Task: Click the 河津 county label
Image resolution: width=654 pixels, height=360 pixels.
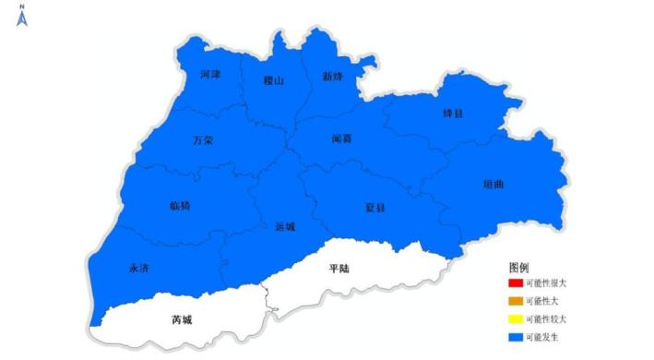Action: point(209,74)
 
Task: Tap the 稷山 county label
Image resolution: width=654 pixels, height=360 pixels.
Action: point(273,80)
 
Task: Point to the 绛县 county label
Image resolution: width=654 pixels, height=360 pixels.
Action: point(453,113)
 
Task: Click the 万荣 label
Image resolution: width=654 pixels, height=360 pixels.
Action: point(203,140)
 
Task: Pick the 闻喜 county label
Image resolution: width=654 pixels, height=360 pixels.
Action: point(342,139)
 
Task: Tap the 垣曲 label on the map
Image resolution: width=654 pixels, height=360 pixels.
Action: point(493,184)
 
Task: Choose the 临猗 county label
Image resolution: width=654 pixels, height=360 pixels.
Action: point(181,205)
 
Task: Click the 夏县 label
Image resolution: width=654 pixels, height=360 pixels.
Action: point(375,208)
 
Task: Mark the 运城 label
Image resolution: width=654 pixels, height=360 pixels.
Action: point(285,226)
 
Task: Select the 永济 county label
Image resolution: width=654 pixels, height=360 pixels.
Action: point(138,268)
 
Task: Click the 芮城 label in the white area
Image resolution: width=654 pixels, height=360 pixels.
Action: point(183,320)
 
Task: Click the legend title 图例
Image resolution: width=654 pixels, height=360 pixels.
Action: point(518,267)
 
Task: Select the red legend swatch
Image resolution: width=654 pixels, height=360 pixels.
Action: point(515,283)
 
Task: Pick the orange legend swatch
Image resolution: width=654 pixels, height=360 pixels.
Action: point(515,301)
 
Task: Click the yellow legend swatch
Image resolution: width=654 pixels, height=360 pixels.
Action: point(515,318)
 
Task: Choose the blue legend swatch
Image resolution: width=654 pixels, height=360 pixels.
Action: point(515,336)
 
